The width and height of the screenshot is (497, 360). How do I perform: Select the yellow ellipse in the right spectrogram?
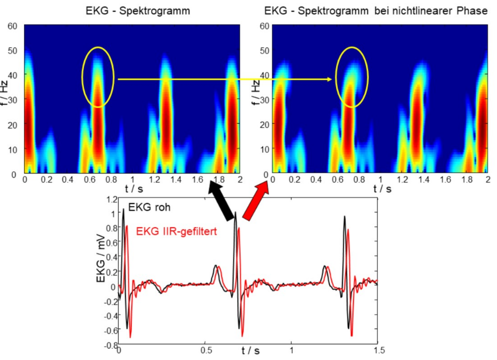(351, 77)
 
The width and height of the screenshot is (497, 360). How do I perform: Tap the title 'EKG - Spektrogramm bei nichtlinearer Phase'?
(376, 10)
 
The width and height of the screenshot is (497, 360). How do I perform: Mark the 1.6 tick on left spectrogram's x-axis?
(197, 179)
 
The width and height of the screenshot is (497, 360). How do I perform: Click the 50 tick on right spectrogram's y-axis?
(264, 50)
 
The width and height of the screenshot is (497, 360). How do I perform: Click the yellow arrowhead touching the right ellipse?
(330, 79)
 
